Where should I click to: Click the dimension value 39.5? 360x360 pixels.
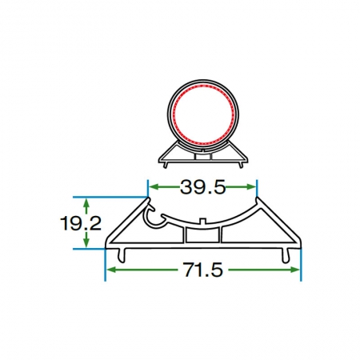[203, 187]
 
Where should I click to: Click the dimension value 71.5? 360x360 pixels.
[202, 270]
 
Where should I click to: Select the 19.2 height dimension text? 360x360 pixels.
[81, 223]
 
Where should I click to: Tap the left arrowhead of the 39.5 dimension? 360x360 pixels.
[153, 187]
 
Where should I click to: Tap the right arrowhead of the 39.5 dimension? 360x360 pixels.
[252, 187]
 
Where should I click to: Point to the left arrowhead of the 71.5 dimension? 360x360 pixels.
[110, 270]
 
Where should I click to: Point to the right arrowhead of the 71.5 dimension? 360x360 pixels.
[295, 270]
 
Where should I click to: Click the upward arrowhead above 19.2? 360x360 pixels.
[86, 202]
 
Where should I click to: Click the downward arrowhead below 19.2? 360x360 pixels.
[86, 243]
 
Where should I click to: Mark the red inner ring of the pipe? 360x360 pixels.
[174, 114]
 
